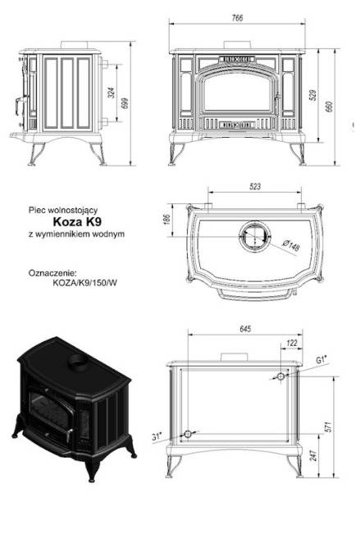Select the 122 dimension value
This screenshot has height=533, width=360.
pyautogui.click(x=291, y=344)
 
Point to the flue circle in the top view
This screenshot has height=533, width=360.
pyautogui.click(x=251, y=235)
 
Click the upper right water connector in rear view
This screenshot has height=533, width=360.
pyautogui.click(x=280, y=376)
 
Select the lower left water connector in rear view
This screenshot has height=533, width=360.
pyautogui.click(x=189, y=434)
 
